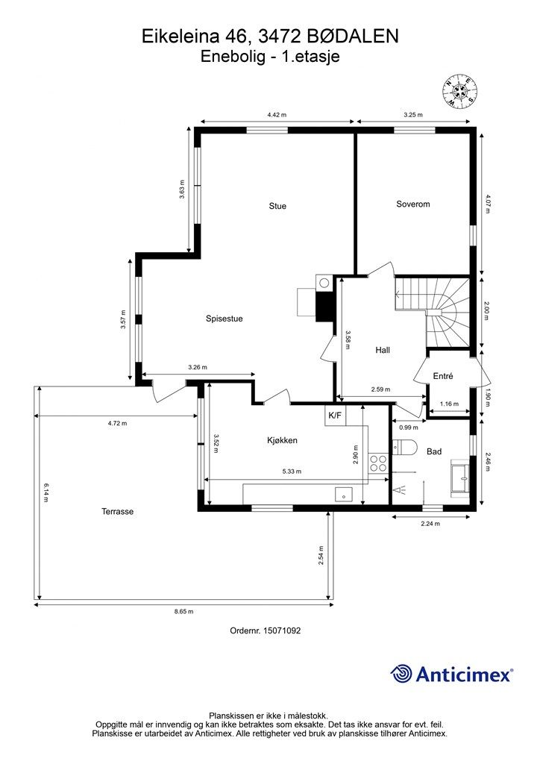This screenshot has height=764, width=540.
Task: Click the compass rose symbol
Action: tap(459, 91)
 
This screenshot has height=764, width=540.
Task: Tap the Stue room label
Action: tap(277, 206)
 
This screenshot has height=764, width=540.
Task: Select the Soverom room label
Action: tap(413, 204)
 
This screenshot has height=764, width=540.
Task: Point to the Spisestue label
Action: tap(224, 319)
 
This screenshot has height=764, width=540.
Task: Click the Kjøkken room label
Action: tap(282, 440)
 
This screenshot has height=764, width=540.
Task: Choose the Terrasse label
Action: tap(117, 512)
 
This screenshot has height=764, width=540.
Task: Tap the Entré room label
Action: tap(443, 376)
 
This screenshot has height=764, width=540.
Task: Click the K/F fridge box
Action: tap(335, 416)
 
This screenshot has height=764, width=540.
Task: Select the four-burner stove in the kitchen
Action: tap(377, 463)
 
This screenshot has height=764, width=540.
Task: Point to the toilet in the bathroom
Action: tap(405, 446)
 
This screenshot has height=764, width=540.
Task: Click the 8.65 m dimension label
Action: tap(183, 612)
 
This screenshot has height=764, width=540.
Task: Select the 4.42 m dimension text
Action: tap(277, 115)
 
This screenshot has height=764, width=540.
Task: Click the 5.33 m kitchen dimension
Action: tap(292, 472)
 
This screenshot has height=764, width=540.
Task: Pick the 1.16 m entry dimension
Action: tap(449, 404)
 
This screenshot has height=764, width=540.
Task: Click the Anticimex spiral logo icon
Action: tap(401, 674)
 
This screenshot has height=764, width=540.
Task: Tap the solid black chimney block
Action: tap(324, 307)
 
